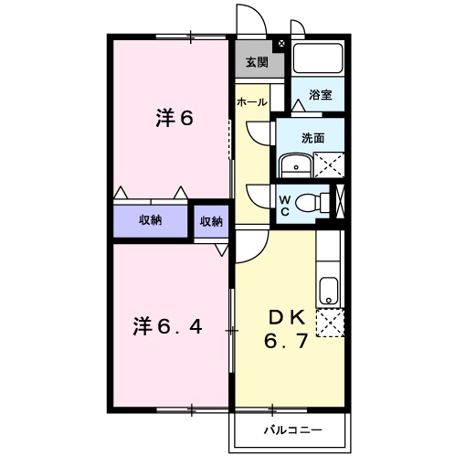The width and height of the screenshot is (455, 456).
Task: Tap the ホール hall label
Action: point(251,102)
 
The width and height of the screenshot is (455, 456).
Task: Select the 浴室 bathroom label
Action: point(320,94)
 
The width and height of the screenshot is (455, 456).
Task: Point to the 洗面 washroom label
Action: point(313,138)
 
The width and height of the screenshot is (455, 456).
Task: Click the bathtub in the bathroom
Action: point(317,59)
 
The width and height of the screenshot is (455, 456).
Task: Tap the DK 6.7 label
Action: point(286,330)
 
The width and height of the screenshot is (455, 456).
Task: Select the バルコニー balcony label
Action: point(291,429)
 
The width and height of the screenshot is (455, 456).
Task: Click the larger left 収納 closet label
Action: point(151,220)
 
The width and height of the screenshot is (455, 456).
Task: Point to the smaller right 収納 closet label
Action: point(211,220)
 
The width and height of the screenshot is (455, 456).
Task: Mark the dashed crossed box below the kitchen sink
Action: point(329,323)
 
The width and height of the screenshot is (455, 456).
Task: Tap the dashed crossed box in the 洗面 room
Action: point(327,166)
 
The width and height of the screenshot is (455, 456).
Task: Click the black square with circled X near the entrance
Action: point(280,43)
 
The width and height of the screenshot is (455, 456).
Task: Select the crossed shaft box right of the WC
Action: point(341,201)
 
